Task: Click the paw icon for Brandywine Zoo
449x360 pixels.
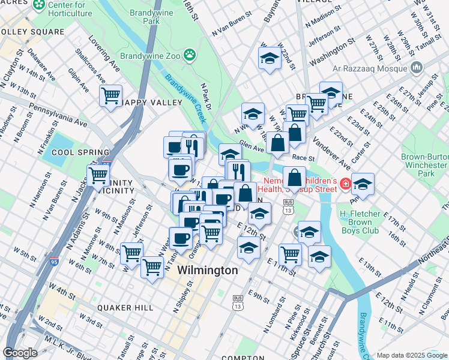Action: [190, 55]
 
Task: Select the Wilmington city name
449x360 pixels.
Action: [208, 271]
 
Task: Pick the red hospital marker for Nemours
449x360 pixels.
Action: [345, 184]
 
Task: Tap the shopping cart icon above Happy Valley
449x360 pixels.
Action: [111, 95]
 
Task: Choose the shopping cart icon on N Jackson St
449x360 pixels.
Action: [98, 176]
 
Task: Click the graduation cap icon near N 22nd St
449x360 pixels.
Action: [270, 58]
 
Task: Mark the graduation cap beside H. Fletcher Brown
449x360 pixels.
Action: [363, 184]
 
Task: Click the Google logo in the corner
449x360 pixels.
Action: [20, 353]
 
